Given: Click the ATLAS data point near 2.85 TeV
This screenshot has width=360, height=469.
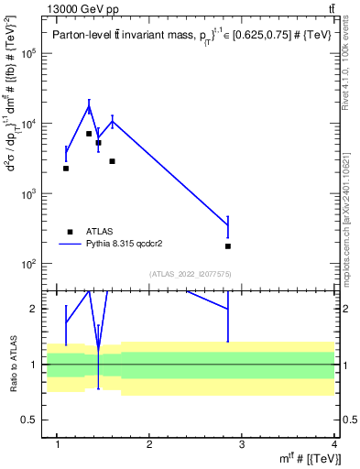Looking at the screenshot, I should [x=228, y=246].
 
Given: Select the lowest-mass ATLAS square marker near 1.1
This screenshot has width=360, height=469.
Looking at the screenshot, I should [x=66, y=169].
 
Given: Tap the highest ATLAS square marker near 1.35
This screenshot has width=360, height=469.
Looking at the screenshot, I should [x=89, y=134].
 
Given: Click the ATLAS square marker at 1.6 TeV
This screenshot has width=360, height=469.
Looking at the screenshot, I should [x=112, y=161].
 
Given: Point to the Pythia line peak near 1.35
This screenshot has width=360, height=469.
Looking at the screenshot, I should [x=89, y=106].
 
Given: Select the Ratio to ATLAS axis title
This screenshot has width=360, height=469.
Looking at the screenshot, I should [x=12, y=365].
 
